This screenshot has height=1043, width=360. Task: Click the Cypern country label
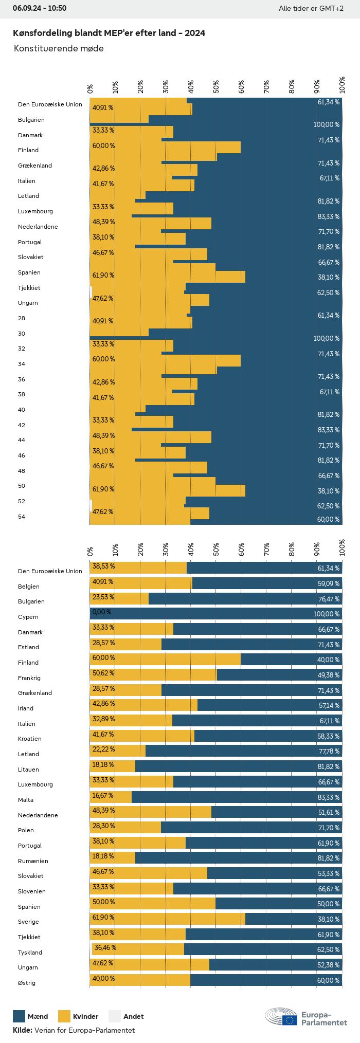tap(28, 617)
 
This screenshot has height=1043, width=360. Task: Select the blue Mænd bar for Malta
tap(237, 797)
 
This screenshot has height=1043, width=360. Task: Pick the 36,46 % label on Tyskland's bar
tap(105, 947)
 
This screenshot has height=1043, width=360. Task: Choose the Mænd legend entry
tap(30, 1016)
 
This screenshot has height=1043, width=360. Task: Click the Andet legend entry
tap(127, 1016)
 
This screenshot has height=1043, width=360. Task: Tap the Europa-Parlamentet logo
tap(306, 1016)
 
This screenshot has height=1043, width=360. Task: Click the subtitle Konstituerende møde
tap(59, 48)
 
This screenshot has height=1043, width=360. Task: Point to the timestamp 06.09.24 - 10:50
tap(40, 8)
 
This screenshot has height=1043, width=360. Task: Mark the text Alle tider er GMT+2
tap(311, 8)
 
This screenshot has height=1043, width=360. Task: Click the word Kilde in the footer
tap(22, 1030)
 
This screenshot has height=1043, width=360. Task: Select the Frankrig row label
tap(29, 678)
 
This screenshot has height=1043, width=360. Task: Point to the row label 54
tap(22, 517)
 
